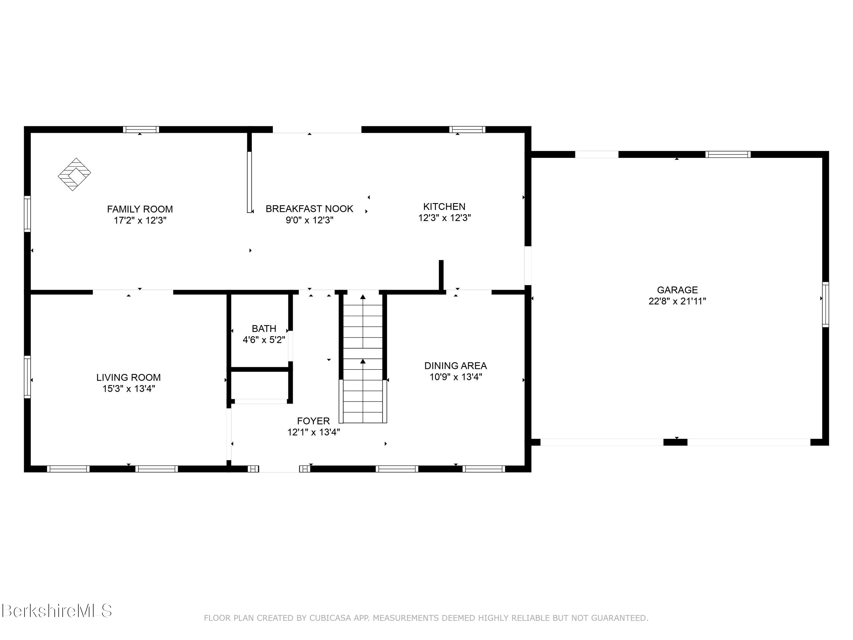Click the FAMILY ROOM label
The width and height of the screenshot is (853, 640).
pos(140,209)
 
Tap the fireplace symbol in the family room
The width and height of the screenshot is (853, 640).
pos(74,174)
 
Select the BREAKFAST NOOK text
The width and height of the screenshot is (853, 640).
pos(309,209)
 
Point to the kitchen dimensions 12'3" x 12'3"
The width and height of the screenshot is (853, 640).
pos(445,218)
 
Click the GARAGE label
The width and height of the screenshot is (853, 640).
pos(677,290)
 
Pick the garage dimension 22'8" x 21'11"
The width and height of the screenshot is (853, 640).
pos(677,301)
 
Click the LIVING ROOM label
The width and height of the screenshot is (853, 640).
pos(129,377)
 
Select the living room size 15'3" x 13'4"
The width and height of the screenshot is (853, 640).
pos(129,389)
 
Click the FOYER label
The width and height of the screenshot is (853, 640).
pos(314,421)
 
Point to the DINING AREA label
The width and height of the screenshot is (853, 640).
pos(456,366)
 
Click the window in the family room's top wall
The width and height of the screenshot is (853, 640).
pos(141,129)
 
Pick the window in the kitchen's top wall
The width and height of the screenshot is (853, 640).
pos(467,129)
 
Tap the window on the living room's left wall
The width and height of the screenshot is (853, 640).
pos(27,377)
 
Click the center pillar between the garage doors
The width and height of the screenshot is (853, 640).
pos(675,442)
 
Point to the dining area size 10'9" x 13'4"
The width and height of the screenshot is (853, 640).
pos(456,377)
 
